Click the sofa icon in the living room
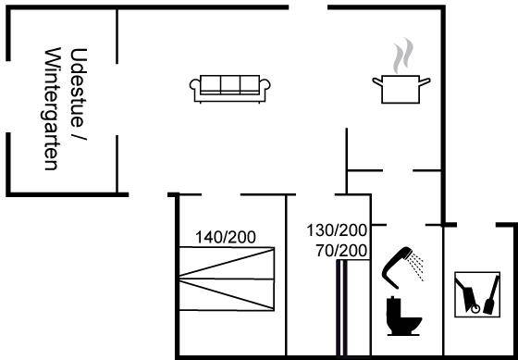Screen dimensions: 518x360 [x=230, y=89]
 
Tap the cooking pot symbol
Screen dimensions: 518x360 [x=401, y=89]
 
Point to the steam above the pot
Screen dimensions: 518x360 [x=403, y=56]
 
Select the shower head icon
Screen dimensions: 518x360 [x=397, y=267]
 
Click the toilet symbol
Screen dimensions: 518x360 [x=403, y=317]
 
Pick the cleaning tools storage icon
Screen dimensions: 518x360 [x=477, y=294]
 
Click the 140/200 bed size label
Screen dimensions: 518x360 [x=226, y=237]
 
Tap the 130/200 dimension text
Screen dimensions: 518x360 [x=337, y=230]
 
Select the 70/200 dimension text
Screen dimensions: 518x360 [x=341, y=251]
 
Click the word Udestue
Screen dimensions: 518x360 [x=79, y=88]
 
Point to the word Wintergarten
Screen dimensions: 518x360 [x=51, y=109]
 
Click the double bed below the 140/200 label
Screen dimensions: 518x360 [x=227, y=279]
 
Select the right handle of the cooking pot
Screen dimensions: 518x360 [x=425, y=81]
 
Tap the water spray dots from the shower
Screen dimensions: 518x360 [x=415, y=267]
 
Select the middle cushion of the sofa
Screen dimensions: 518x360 [x=230, y=84]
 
